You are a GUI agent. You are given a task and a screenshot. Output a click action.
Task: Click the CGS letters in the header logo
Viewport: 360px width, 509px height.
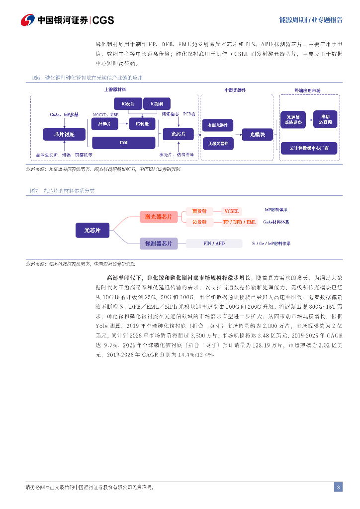coord(103,20)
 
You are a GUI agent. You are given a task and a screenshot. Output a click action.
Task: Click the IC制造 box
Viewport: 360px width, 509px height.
coord(142,124)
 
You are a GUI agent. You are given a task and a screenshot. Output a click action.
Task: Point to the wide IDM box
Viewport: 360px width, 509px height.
coord(124,142)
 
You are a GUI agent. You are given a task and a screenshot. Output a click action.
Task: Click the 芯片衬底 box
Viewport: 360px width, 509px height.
coord(65,134)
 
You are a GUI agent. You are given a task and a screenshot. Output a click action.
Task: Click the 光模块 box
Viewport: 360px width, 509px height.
coord(257,134)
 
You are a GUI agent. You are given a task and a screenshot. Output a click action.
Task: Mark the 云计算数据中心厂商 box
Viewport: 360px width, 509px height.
coord(309,148)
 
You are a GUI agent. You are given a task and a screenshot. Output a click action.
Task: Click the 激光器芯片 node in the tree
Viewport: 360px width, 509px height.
coord(158,217)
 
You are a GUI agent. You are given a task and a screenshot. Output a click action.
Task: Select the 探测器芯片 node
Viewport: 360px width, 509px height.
coord(158,244)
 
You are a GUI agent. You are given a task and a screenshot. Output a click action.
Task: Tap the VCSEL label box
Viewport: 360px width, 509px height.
coord(232,211)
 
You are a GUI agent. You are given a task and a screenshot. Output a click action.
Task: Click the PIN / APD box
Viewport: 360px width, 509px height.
coord(214,244)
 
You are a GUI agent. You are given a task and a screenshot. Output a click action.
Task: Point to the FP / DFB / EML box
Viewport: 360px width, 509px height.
coord(240,222)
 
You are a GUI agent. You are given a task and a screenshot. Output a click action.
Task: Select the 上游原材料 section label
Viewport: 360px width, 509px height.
coord(115,90)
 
